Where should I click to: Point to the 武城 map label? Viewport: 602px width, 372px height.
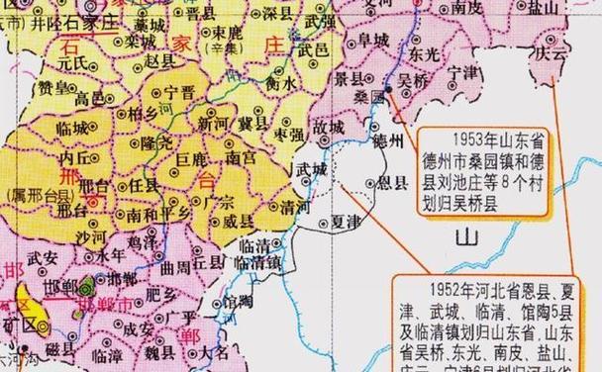[x=311, y=169]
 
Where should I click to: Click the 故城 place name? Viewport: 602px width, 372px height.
[x=330, y=128]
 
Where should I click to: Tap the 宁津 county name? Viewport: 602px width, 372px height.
[x=462, y=72]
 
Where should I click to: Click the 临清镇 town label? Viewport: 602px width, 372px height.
[x=258, y=263]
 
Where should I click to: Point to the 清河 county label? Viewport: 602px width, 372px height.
[x=295, y=209]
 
